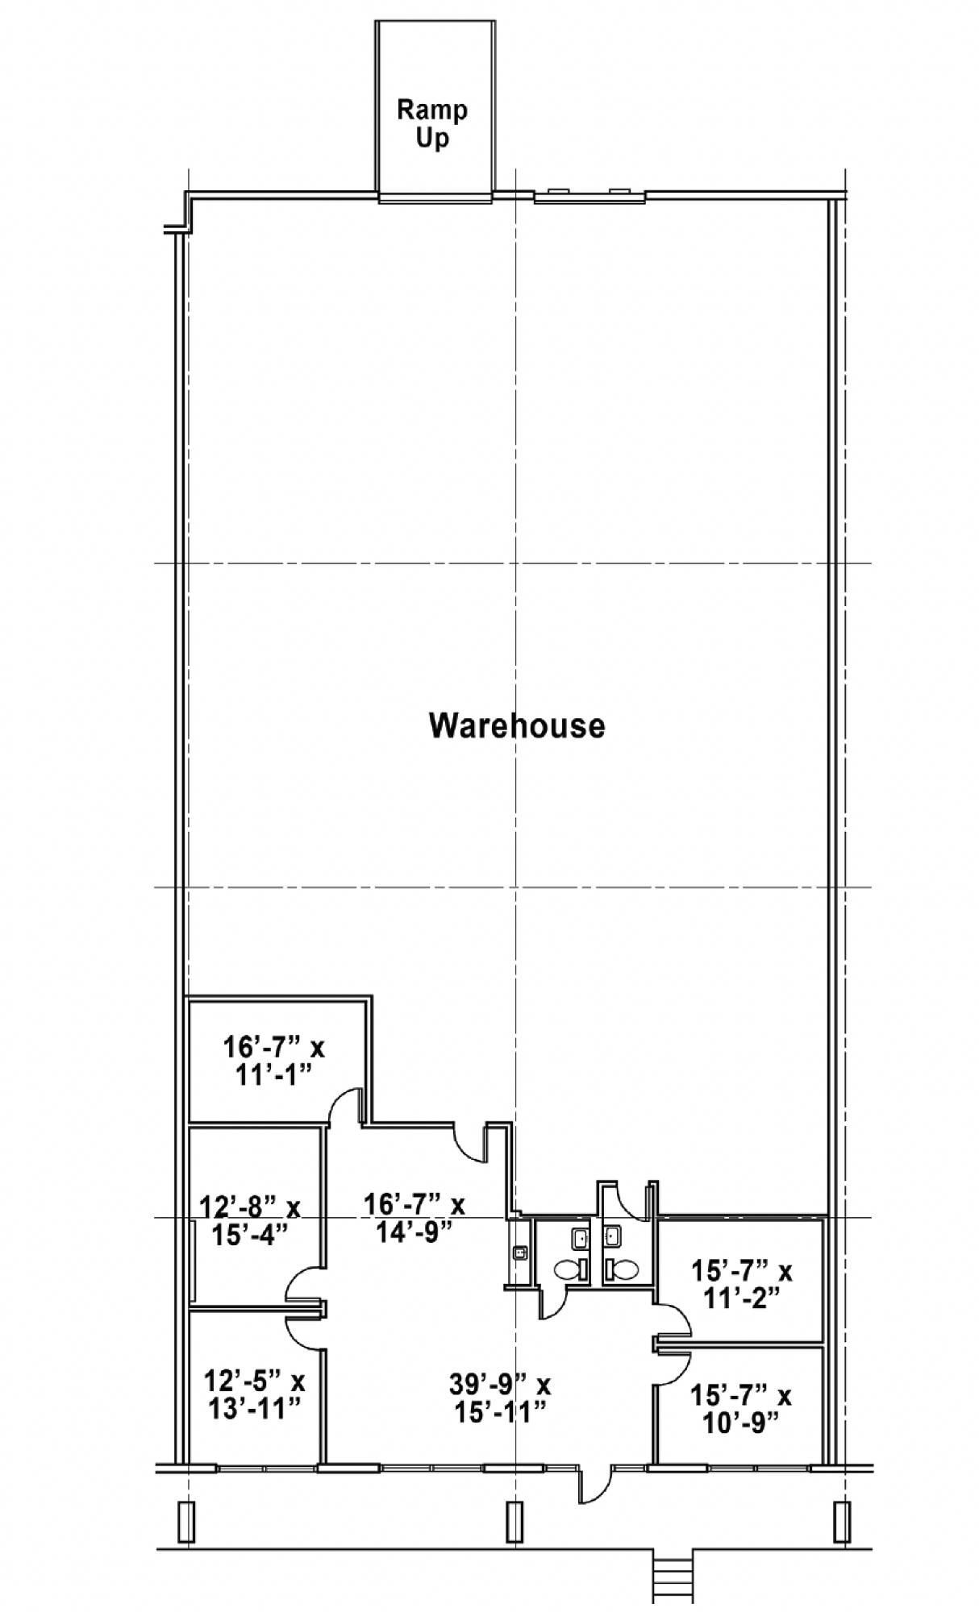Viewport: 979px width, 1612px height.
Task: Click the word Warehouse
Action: click(x=516, y=725)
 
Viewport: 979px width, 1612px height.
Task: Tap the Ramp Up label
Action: click(x=432, y=123)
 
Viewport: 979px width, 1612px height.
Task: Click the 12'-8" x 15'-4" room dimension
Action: click(x=250, y=1220)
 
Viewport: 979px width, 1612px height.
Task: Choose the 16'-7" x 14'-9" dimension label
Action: click(x=415, y=1217)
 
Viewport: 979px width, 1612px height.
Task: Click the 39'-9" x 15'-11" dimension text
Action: click(x=500, y=1398)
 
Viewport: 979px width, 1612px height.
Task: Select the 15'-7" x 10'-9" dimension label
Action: click(x=741, y=1407)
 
